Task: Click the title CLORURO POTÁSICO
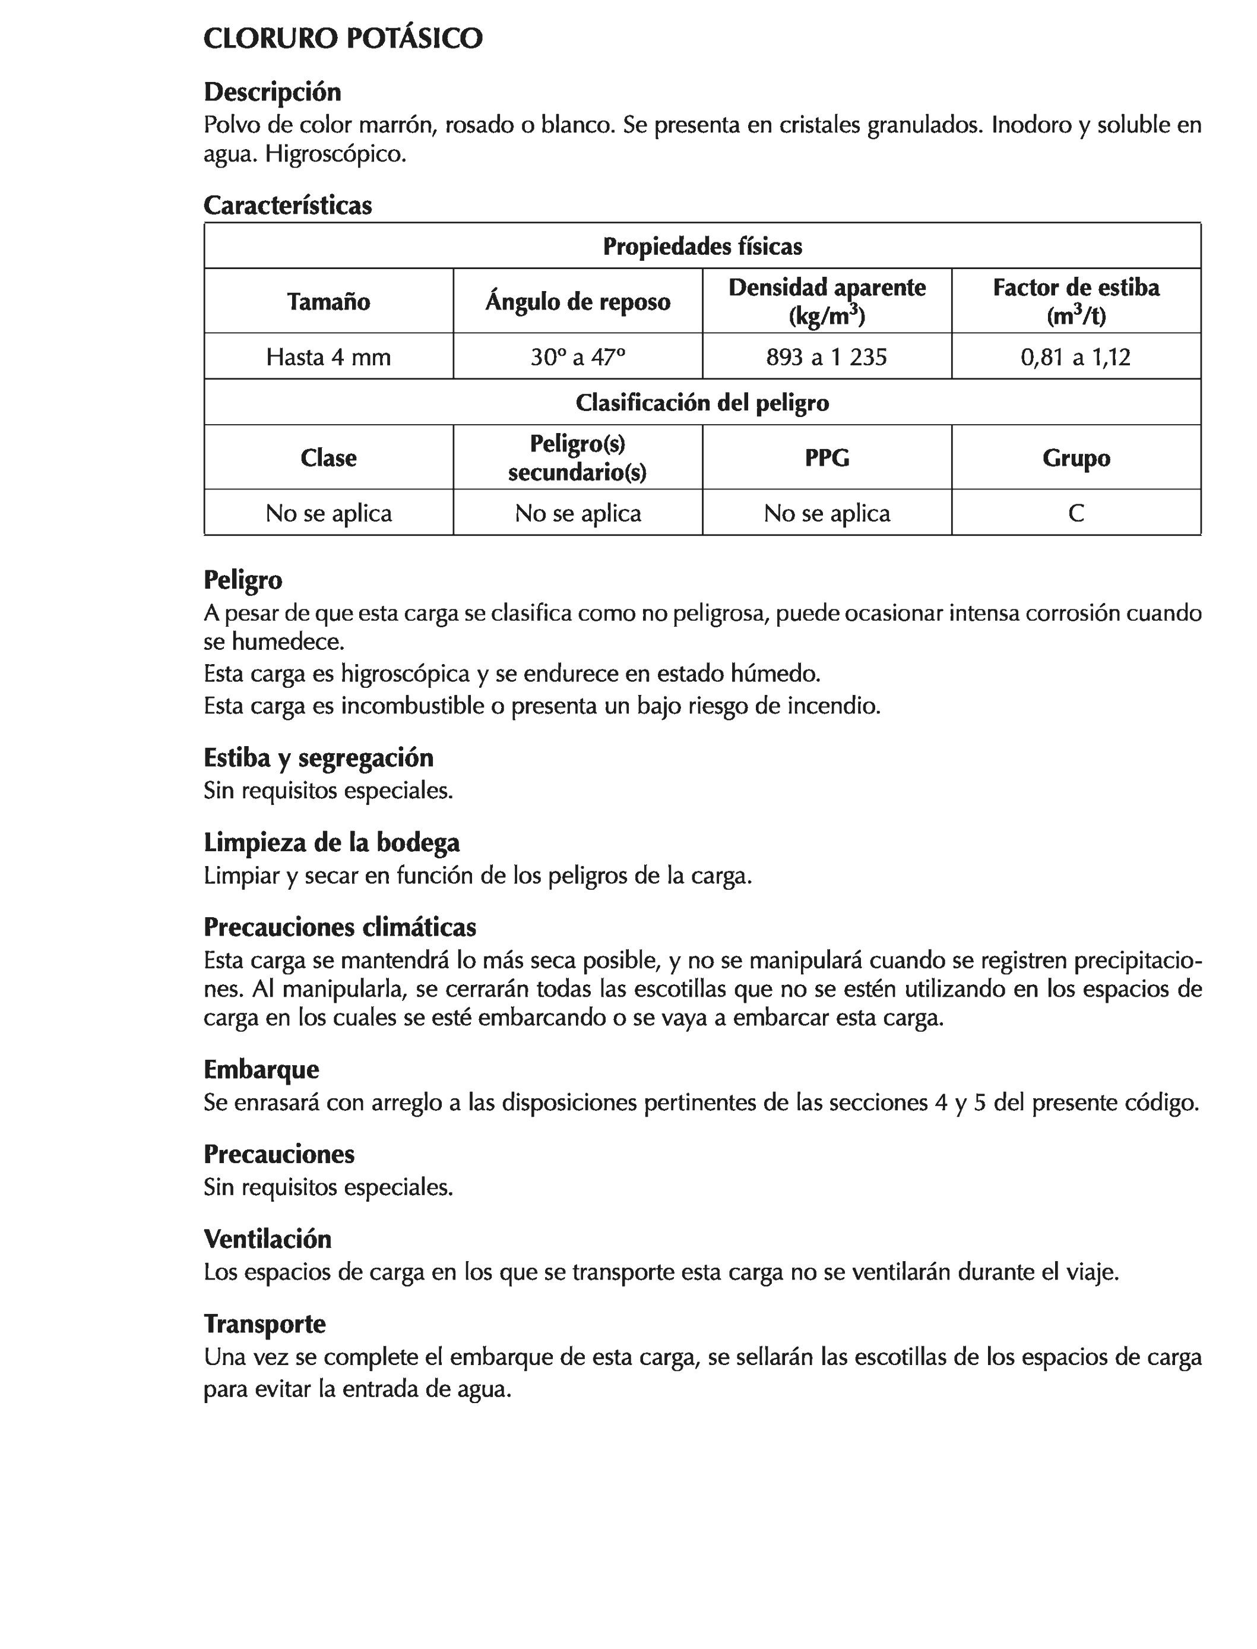tap(343, 39)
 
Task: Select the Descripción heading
tap(273, 92)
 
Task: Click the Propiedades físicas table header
tap(702, 247)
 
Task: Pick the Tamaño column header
tap(328, 302)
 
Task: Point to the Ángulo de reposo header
tap(578, 302)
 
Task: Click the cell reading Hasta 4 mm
tap(328, 357)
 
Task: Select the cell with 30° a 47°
tap(578, 357)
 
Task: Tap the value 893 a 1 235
tap(827, 357)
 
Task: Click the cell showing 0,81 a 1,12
tap(1075, 357)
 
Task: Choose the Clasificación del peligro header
tap(702, 403)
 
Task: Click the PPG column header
tap(827, 458)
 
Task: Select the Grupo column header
tap(1076, 458)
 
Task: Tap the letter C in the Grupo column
tap(1076, 513)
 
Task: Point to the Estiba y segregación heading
tap(318, 758)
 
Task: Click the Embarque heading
tap(261, 1070)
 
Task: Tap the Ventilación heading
tap(267, 1240)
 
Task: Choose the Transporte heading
tap(264, 1324)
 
